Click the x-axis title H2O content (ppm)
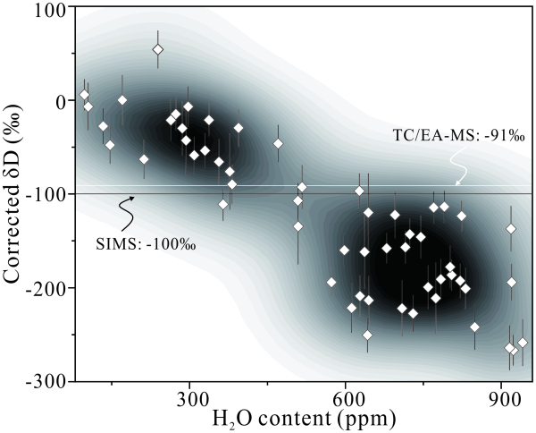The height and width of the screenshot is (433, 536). [298, 417]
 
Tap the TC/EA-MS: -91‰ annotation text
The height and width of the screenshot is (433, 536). [459, 135]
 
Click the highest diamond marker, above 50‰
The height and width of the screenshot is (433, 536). [158, 50]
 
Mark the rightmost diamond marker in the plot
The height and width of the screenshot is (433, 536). [523, 343]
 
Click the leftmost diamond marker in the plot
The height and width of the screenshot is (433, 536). [84, 95]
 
